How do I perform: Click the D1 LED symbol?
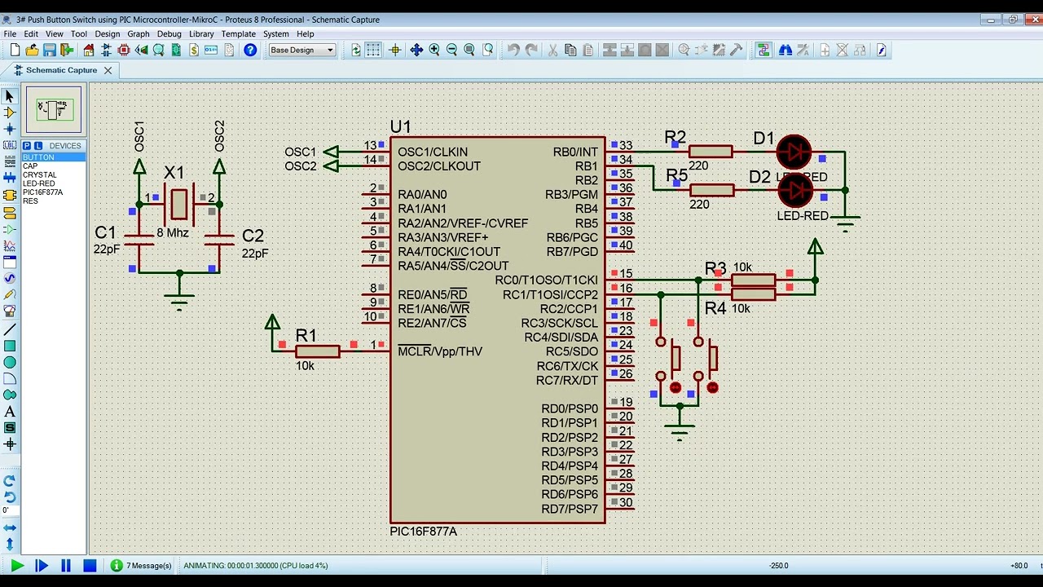(794, 152)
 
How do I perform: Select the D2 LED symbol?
(795, 190)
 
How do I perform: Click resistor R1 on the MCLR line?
(317, 351)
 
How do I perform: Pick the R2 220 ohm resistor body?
(711, 152)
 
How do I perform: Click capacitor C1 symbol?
(139, 239)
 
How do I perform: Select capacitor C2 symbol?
(219, 239)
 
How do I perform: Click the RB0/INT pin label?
(575, 152)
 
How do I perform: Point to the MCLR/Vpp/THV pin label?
(440, 351)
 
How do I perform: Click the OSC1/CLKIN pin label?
(433, 152)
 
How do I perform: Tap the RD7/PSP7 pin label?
(570, 509)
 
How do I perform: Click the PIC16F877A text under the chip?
(423, 532)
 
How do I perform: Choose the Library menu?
(201, 34)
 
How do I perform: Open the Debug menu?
(169, 34)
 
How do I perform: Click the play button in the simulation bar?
(17, 565)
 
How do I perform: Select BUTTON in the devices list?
(38, 157)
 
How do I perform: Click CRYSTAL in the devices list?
(39, 174)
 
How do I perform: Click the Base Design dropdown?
(302, 51)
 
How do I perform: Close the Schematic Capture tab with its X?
(107, 70)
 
